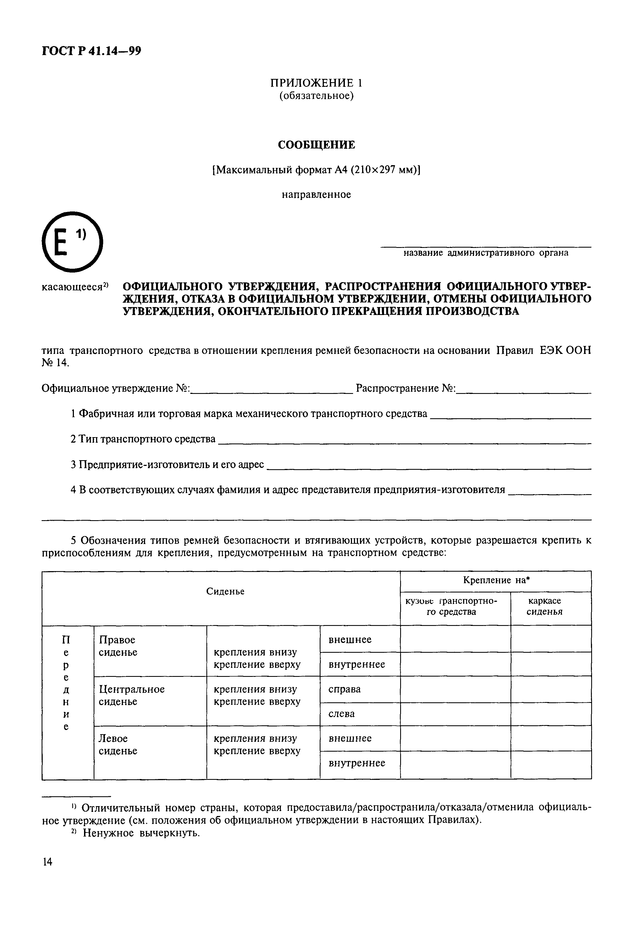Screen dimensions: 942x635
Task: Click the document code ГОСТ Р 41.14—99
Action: coord(91,51)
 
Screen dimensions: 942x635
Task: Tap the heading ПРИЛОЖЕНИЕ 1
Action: coord(316,83)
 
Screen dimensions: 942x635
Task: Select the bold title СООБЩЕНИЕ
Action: coord(316,145)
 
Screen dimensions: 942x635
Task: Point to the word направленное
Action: coord(316,194)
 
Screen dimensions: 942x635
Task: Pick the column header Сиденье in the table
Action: coord(225,592)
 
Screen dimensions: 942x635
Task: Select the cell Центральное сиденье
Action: coord(132,695)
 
